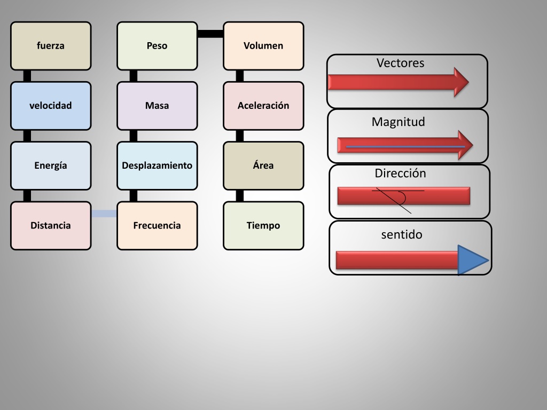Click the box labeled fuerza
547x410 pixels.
[51, 46]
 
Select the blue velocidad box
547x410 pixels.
[51, 106]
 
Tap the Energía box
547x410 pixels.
[51, 166]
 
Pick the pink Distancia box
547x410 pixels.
[51, 226]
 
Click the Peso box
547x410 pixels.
[158, 46]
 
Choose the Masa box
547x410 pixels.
[158, 106]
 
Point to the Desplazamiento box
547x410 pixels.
[158, 166]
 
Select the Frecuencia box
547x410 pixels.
[158, 226]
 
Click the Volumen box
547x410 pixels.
[264, 46]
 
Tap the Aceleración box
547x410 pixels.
[264, 106]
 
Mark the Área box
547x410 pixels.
[264, 166]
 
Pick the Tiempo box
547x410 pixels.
[264, 226]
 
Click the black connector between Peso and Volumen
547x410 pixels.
[210, 34]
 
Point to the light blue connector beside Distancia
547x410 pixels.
[104, 214]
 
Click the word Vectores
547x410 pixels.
[401, 63]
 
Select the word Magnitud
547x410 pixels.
[398, 122]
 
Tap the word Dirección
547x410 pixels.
[401, 174]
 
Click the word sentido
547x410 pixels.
[402, 235]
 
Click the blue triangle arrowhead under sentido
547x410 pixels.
[472, 260]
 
